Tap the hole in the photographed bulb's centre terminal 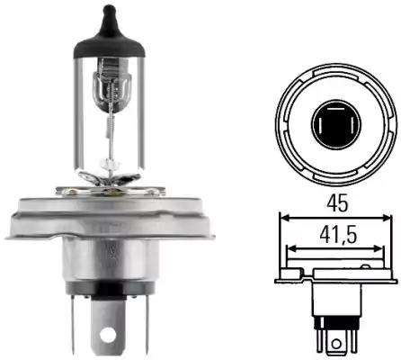pyautogui.click(x=108, y=333)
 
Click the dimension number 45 pyautogui.click(x=337, y=202)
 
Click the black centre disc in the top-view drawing pyautogui.click(x=336, y=124)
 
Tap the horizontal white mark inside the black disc pyautogui.click(x=335, y=109)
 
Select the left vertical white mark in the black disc pyautogui.click(x=321, y=125)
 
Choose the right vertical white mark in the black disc pyautogui.click(x=351, y=125)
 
